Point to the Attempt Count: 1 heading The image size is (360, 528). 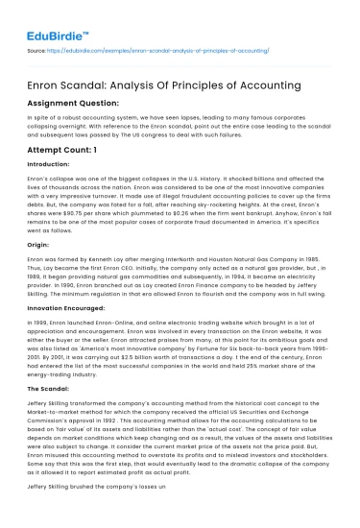pos(63,152)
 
